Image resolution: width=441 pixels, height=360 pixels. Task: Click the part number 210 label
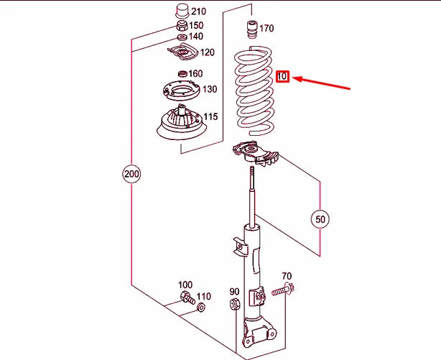click(198, 11)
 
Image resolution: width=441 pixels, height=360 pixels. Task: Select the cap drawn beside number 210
click(182, 11)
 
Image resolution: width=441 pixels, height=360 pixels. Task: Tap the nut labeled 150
click(182, 26)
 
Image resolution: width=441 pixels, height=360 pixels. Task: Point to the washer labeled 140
click(182, 37)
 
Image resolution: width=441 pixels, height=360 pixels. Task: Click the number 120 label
click(208, 52)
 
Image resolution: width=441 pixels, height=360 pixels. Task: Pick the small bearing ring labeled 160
click(182, 74)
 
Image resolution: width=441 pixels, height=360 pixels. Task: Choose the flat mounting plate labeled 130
click(182, 91)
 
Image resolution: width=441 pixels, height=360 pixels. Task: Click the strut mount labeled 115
click(182, 124)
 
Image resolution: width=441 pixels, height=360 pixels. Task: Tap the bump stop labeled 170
click(251, 31)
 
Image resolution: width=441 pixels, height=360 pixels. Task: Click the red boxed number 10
click(282, 76)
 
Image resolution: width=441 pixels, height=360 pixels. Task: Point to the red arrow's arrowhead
click(297, 78)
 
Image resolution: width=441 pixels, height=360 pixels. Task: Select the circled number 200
click(131, 174)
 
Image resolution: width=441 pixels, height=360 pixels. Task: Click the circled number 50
click(320, 219)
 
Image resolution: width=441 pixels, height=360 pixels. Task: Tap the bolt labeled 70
click(283, 290)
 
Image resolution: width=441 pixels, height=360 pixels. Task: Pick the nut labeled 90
click(235, 304)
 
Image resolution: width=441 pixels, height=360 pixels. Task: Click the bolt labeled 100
click(187, 298)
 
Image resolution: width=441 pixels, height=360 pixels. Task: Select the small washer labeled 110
click(201, 308)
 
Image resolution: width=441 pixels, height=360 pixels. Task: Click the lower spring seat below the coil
click(256, 154)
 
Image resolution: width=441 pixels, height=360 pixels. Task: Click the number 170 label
click(266, 29)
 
